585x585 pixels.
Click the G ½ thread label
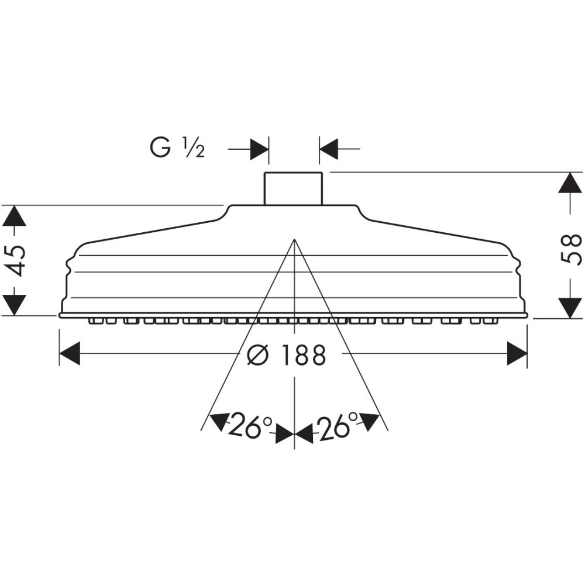click(177, 148)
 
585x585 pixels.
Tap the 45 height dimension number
click(16, 261)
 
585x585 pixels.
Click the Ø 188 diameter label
click(286, 355)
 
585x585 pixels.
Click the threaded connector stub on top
click(293, 188)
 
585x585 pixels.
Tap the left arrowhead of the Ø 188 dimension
click(70, 353)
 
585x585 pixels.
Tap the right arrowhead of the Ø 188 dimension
click(517, 353)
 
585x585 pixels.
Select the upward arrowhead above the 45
click(15, 216)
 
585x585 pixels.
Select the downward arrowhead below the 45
click(15, 305)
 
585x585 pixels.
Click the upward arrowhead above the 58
click(570, 183)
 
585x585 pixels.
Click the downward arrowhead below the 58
click(570, 308)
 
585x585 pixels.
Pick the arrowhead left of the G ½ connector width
click(259, 149)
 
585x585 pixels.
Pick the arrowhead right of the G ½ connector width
click(329, 149)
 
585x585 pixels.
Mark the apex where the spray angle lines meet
click(295, 239)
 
